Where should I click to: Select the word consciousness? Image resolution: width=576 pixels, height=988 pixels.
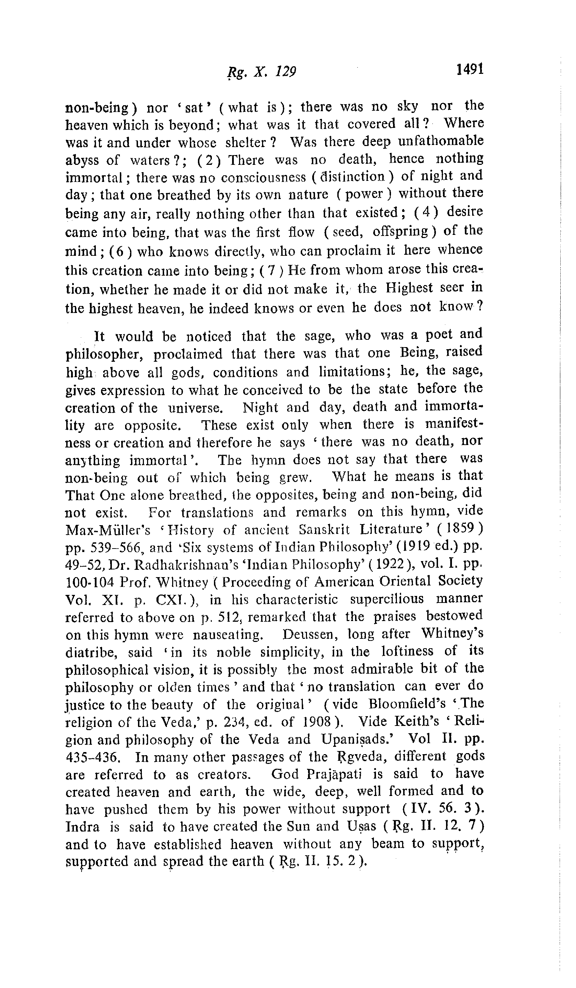point(263,178)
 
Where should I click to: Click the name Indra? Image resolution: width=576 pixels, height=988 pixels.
point(82,827)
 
